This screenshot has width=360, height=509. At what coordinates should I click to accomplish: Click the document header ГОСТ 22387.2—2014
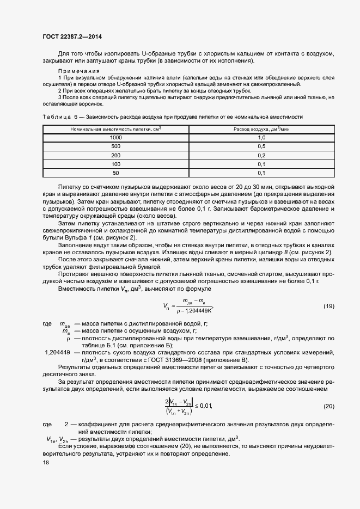72,36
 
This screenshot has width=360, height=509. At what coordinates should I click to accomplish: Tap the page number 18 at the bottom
46,462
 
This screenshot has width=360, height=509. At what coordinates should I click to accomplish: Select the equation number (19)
328,306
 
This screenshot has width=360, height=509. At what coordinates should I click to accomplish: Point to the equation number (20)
328,407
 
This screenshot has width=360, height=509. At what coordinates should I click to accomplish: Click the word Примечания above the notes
79,71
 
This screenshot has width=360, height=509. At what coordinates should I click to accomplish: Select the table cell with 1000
115,138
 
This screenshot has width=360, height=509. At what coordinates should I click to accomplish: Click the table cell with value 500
115,146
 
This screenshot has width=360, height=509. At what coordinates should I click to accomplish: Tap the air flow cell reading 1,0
261,138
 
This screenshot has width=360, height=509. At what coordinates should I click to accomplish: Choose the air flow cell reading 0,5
261,146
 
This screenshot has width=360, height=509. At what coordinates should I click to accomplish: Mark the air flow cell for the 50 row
261,173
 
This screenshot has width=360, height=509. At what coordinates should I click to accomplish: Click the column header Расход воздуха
261,128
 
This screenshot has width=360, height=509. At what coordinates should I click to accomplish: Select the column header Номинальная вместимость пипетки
116,128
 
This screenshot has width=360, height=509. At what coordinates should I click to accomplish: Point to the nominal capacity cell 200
115,155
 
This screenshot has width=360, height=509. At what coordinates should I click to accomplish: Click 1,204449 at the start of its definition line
57,353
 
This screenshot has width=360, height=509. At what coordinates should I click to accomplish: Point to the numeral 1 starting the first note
59,78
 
